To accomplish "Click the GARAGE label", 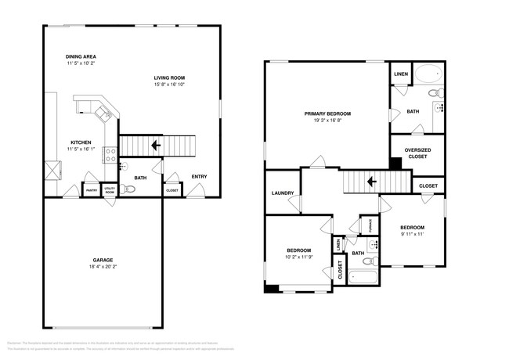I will [x=103, y=259].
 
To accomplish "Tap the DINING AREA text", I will [x=81, y=57].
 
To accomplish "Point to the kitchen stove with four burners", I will [x=110, y=153].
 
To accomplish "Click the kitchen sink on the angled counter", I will [x=102, y=114].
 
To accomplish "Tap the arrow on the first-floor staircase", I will [x=156, y=145].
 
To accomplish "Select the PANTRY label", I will [x=92, y=190].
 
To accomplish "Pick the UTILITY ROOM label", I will [x=110, y=190].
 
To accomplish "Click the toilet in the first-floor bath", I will [x=124, y=189].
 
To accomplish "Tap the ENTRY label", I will [x=200, y=177].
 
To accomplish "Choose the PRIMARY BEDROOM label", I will [x=327, y=113].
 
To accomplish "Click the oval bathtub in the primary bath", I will [x=428, y=76].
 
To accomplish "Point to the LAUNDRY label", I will [x=282, y=193].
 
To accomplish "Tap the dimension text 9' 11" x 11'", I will [x=411, y=233].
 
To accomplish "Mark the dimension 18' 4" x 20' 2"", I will [x=103, y=267].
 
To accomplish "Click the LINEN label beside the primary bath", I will [x=400, y=74].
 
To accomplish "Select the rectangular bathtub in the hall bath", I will [x=363, y=276].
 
